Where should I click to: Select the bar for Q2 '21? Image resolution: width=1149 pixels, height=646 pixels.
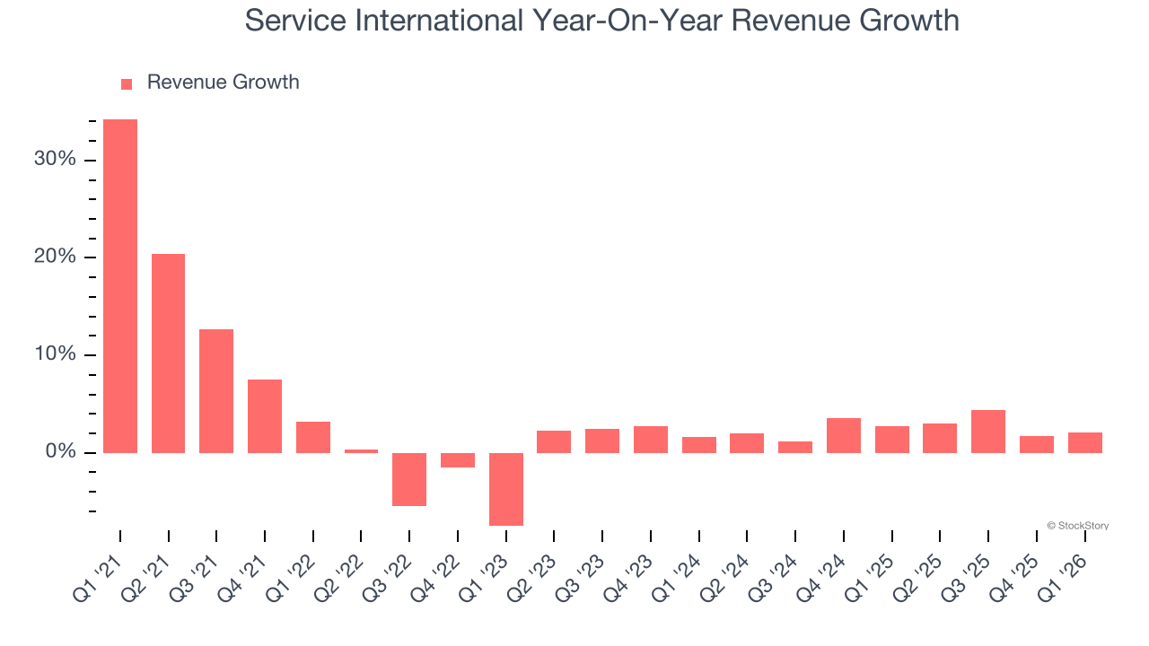click(x=168, y=354)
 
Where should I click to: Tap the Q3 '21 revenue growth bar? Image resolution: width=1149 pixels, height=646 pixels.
click(x=216, y=391)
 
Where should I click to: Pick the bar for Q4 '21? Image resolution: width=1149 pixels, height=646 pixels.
click(x=265, y=416)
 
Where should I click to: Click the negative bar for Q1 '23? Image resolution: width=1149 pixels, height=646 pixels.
click(x=506, y=489)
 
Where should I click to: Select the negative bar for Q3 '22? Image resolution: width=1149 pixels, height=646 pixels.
click(x=409, y=479)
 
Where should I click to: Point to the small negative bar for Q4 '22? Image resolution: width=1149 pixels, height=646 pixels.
click(x=458, y=460)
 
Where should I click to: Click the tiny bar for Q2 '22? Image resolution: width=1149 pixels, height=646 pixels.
click(x=361, y=450)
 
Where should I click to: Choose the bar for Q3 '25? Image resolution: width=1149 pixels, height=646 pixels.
click(x=988, y=432)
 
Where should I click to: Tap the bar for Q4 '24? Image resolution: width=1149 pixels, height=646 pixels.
click(x=844, y=435)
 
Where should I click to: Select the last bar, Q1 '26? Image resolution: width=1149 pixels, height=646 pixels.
click(x=1085, y=442)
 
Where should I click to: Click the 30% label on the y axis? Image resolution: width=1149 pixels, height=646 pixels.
click(x=56, y=160)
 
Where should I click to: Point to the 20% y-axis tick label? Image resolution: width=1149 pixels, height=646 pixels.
click(x=56, y=258)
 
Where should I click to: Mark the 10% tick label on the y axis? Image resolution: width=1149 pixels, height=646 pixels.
click(x=56, y=354)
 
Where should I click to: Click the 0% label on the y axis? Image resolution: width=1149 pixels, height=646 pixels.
click(x=60, y=452)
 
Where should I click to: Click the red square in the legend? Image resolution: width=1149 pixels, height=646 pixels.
click(x=127, y=83)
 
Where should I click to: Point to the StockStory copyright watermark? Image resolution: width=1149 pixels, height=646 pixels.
click(x=1077, y=526)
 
